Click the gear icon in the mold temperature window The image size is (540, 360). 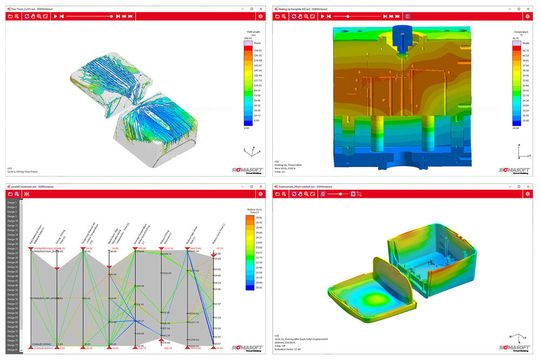click(x=531, y=16)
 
